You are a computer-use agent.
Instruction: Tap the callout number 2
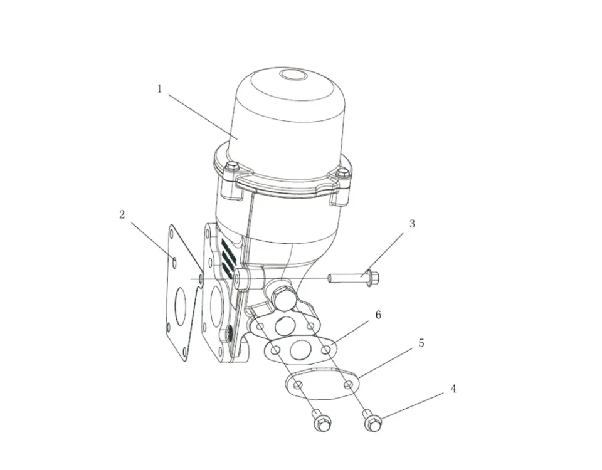pos(122,214)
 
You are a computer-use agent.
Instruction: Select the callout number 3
pos(412,223)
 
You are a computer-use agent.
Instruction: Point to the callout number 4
pos(453,389)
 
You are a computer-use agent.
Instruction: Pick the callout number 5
pos(421,343)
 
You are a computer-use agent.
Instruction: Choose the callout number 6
pos(378,315)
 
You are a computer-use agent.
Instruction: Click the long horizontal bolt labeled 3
pos(354,278)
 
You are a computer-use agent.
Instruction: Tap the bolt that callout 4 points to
pos(372,420)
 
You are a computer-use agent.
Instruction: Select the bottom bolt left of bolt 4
pos(321,420)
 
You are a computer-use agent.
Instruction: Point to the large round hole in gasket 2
pos(181,303)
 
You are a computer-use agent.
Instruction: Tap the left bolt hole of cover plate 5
pos(297,384)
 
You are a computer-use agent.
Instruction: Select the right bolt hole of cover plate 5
pos(349,384)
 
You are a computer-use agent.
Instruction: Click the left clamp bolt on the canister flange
pos(232,167)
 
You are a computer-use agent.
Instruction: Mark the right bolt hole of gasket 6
pos(326,350)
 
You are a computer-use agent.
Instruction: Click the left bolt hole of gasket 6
pos(275,350)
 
